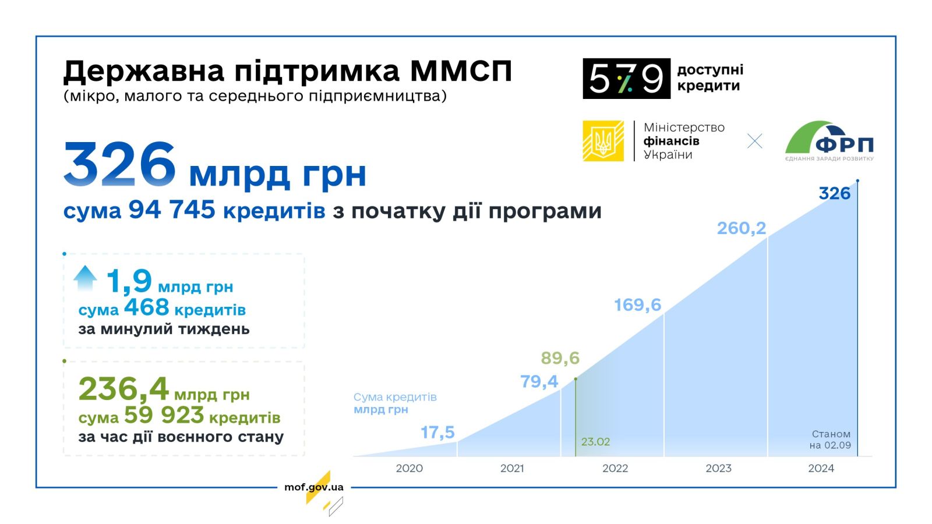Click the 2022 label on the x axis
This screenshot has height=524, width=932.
tap(615, 468)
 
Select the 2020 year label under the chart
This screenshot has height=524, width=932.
tap(409, 468)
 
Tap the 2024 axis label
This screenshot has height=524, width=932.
tap(821, 468)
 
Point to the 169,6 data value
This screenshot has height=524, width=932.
tap(637, 305)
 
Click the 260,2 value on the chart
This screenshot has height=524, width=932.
tap(741, 228)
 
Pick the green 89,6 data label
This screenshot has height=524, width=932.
tap(560, 357)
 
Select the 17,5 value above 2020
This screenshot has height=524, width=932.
tap(437, 432)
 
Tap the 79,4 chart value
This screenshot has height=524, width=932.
tap(539, 381)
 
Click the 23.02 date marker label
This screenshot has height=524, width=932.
tap(595, 442)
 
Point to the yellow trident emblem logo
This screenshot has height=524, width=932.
tap(603, 141)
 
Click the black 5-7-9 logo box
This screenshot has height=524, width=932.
tap(626, 79)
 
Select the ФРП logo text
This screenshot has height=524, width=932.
tap(844, 145)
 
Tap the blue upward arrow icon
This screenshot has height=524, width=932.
tap(85, 278)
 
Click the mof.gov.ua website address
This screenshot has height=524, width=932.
tap(314, 487)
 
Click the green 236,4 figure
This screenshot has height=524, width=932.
tap(123, 389)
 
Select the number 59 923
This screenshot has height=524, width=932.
tap(164, 415)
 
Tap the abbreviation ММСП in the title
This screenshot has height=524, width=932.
tap(461, 71)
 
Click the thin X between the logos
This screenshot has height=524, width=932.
tap(754, 141)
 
